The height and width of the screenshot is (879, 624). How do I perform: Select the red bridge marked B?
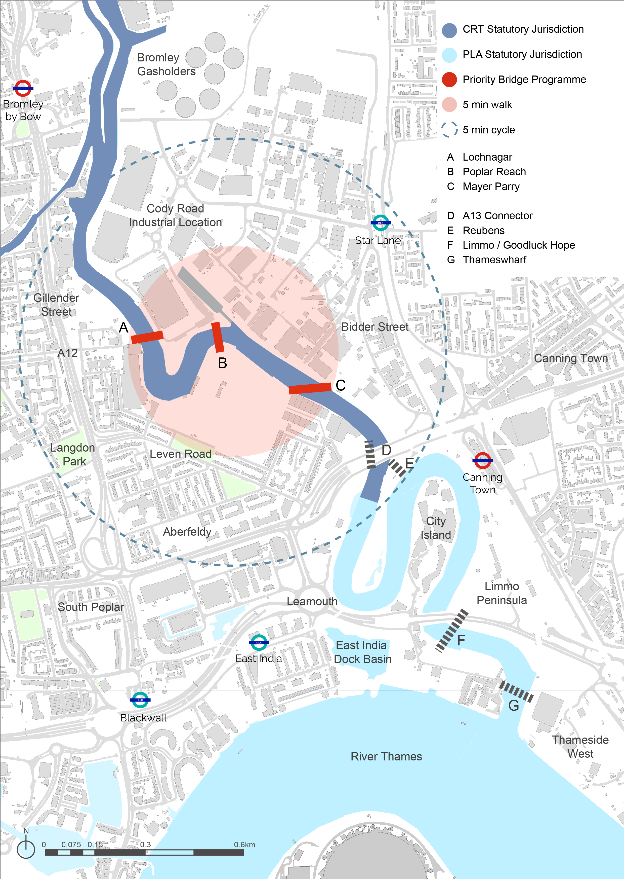pyautogui.click(x=218, y=337)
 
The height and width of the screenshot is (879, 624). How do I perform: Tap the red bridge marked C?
pyautogui.click(x=310, y=388)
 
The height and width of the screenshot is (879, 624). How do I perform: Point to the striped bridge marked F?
pyautogui.click(x=451, y=631)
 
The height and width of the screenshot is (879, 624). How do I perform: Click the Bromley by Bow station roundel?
pyautogui.click(x=23, y=88)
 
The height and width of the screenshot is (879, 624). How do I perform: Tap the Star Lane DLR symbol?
pyautogui.click(x=380, y=223)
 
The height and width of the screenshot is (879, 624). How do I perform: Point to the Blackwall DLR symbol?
pyautogui.click(x=140, y=700)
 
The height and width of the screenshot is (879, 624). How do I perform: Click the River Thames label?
pyautogui.click(x=386, y=757)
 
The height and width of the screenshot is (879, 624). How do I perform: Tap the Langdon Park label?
pyautogui.click(x=73, y=455)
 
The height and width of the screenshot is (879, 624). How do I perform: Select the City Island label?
pyautogui.click(x=436, y=528)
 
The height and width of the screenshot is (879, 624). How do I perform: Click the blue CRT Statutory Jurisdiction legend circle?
pyautogui.click(x=449, y=30)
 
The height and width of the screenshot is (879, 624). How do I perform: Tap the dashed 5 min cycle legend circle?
pyautogui.click(x=449, y=130)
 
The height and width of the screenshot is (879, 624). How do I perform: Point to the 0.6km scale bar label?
pyautogui.click(x=244, y=845)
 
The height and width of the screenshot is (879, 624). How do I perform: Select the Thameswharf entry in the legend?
pyautogui.click(x=494, y=260)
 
